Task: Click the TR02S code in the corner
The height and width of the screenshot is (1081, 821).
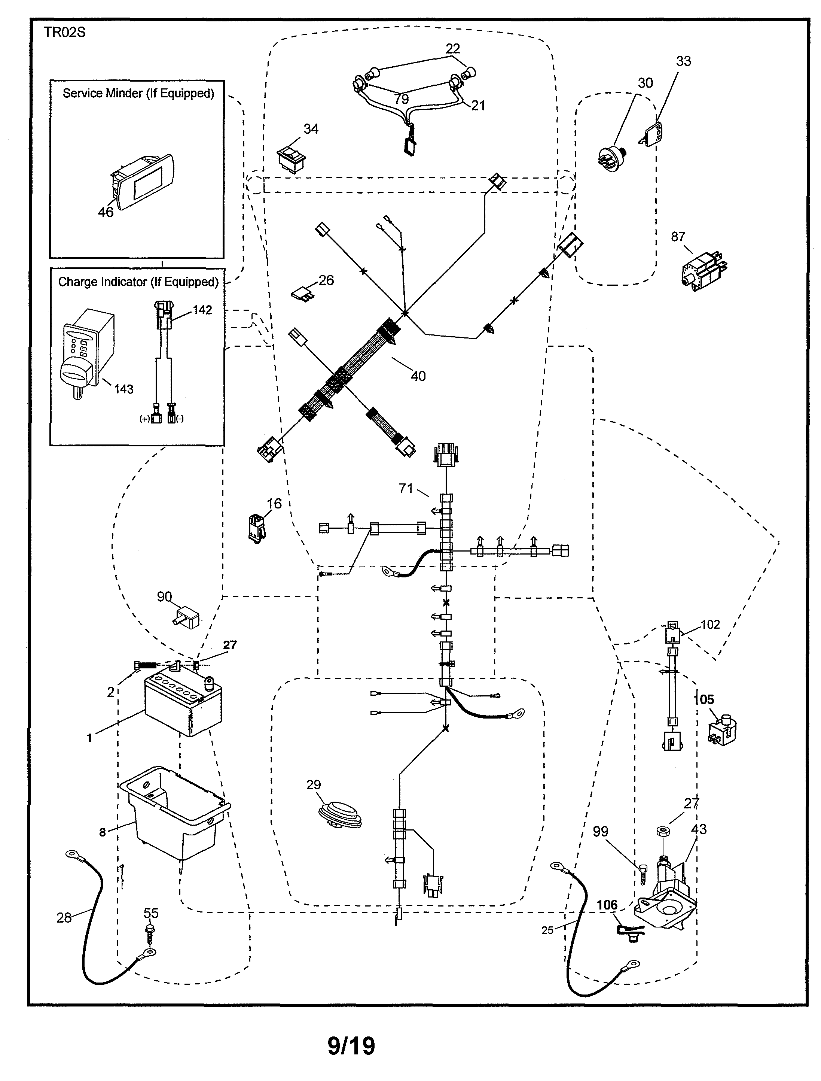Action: pos(64,32)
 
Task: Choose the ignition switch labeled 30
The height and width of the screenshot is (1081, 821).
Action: pos(612,157)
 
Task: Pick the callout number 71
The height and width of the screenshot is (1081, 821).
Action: pos(406,488)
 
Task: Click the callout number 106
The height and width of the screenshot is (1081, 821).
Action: pos(607,905)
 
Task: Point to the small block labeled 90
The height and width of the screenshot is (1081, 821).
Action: pos(187,618)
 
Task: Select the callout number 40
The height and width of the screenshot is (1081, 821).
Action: pos(418,376)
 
